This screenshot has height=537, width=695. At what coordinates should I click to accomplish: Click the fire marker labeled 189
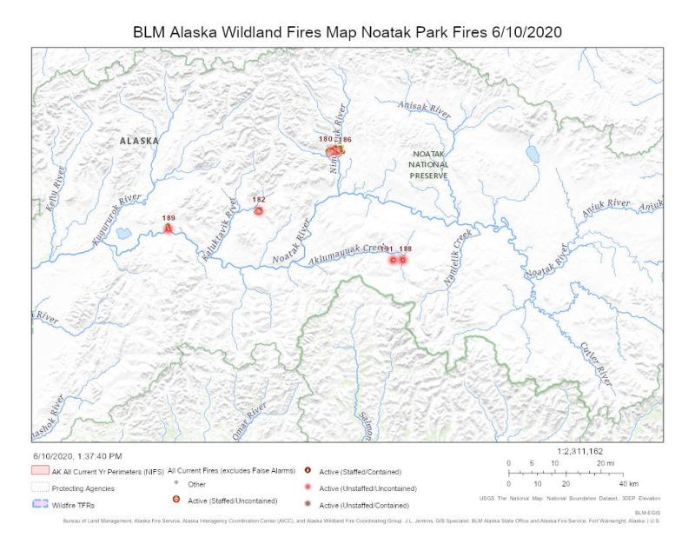tap(169, 228)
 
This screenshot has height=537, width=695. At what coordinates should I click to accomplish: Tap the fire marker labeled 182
tap(258, 210)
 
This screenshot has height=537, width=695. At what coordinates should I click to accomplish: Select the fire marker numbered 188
tap(402, 259)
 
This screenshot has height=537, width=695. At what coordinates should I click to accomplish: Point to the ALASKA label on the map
tap(139, 140)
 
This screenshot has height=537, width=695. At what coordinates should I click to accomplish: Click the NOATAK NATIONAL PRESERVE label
tap(430, 164)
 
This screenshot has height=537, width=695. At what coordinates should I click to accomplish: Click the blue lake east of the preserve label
tap(531, 154)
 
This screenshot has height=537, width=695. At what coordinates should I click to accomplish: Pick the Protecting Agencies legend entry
tap(83, 488)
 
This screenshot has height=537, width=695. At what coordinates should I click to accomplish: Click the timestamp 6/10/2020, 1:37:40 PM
tap(78, 455)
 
